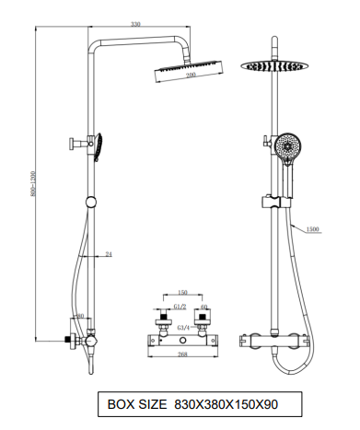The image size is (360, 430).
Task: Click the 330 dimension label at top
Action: point(135,24)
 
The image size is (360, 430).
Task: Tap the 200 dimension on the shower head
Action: point(191,75)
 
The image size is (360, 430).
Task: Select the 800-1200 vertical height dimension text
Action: point(33,184)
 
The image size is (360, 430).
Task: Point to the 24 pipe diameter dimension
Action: point(109,254)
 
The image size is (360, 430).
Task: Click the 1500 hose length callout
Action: point(313,229)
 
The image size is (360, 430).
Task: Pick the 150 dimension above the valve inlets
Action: point(182,292)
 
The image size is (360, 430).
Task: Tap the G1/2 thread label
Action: point(180,307)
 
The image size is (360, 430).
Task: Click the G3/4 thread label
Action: point(183,328)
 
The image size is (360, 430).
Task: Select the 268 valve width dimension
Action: point(182,354)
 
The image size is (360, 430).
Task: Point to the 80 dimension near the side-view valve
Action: point(80,316)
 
